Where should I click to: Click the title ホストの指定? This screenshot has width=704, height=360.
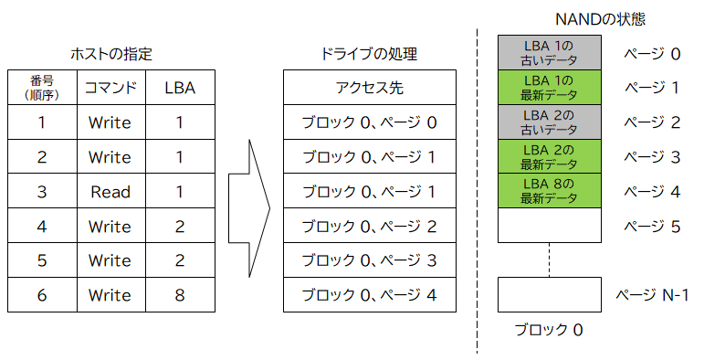tap(110, 54)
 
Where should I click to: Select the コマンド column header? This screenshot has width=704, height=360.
tap(110, 88)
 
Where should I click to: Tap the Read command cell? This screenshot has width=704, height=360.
tap(110, 192)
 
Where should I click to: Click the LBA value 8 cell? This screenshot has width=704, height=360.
tap(180, 295)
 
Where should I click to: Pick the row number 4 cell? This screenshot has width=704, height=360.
tap(42, 226)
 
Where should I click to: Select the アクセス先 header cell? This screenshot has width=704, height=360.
tap(370, 88)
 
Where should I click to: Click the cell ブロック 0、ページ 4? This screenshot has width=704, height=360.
tap(370, 295)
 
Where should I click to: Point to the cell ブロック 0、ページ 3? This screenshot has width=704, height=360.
tap(370, 260)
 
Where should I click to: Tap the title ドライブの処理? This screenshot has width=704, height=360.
tap(370, 54)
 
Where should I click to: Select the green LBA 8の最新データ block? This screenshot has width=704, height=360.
tap(548, 191)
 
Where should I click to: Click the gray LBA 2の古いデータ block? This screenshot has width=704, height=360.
tap(548, 122)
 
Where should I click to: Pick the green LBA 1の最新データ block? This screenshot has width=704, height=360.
tap(548, 88)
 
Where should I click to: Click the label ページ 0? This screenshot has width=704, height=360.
tap(652, 54)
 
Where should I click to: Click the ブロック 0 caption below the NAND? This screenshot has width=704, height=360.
tap(548, 330)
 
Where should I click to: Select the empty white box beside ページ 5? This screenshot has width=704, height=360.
tap(548, 226)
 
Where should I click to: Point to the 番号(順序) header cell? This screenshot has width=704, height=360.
tap(42, 88)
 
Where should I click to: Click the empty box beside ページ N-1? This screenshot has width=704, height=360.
tap(548, 295)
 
